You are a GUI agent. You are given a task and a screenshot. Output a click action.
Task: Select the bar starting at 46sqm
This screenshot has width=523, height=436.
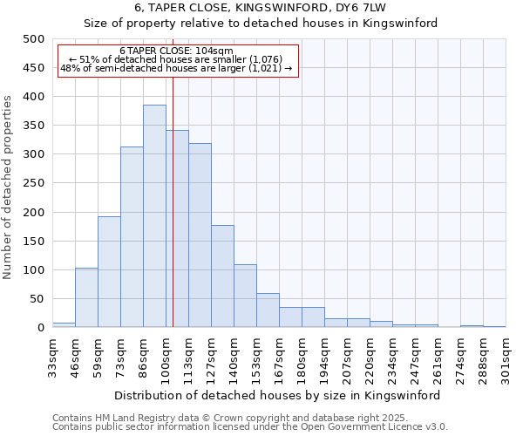86,297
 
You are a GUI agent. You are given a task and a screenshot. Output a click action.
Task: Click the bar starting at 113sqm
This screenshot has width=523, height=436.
200,235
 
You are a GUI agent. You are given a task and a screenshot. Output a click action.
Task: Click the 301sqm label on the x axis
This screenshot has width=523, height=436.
506,358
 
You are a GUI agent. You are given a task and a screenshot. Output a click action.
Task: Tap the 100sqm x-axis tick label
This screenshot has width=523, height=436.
166,358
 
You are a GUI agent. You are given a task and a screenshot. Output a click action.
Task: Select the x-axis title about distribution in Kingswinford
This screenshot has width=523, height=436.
278,395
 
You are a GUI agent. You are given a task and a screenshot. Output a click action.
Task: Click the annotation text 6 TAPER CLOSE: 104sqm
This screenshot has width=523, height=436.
176,51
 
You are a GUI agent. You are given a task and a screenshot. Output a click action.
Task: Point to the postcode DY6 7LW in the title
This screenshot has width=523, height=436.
354,8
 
